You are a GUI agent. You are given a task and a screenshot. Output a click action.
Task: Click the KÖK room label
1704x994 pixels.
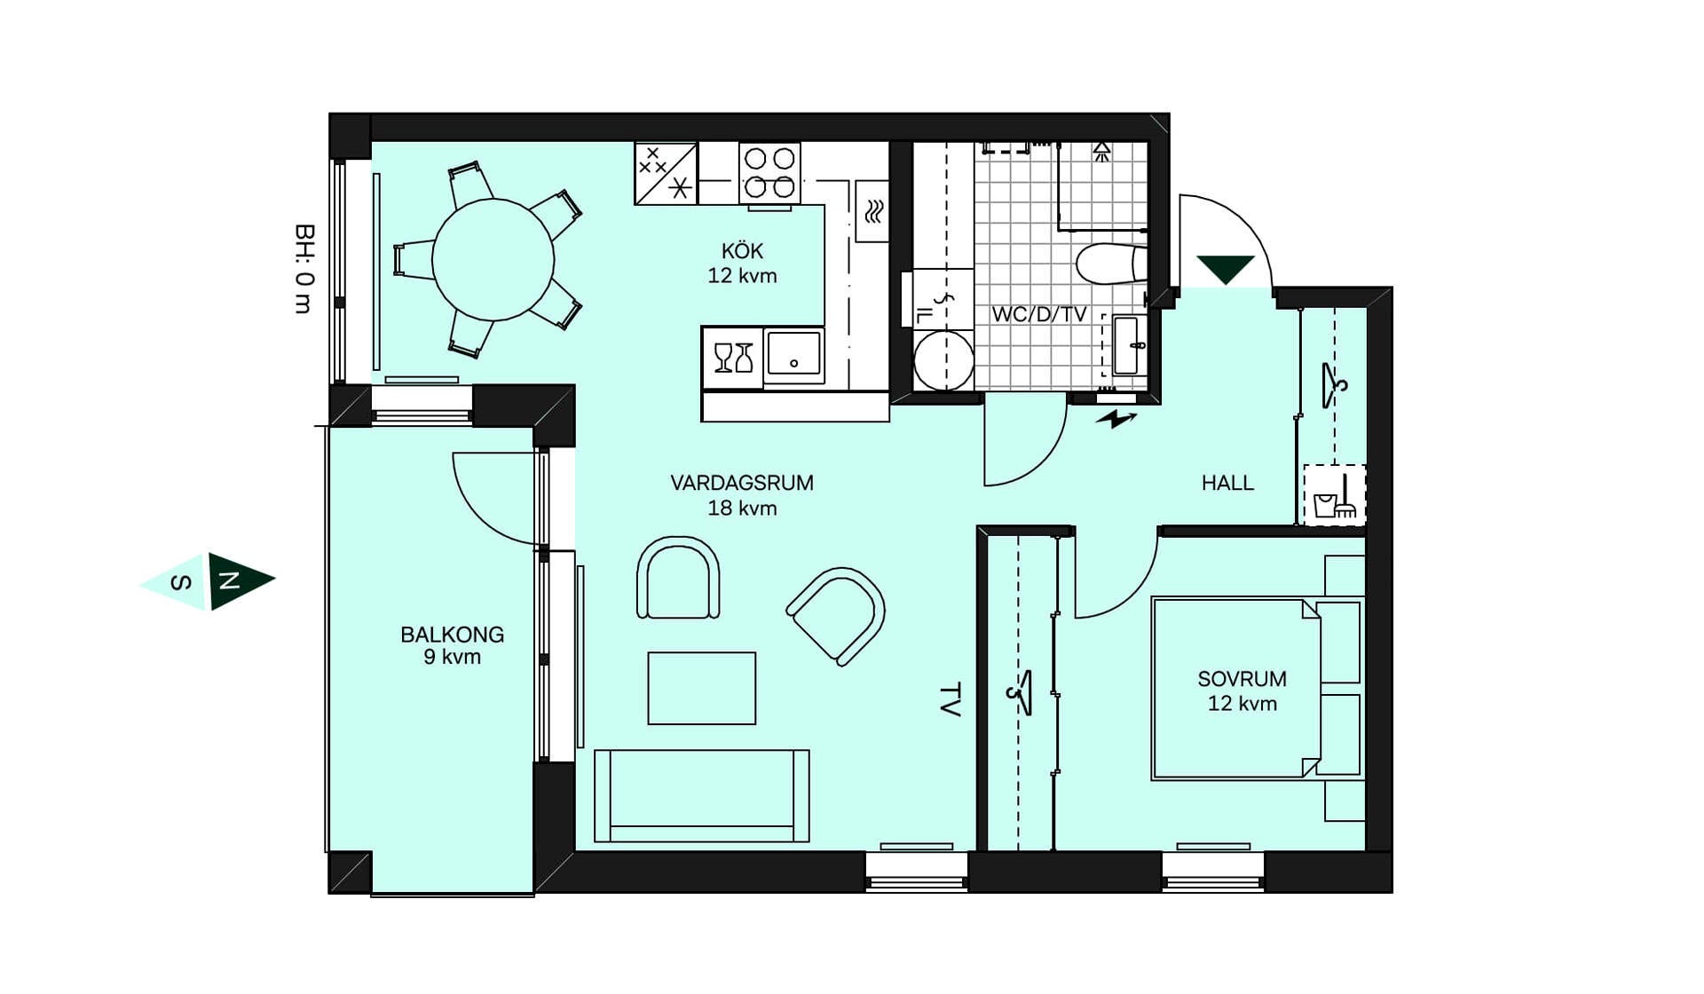coord(742,251)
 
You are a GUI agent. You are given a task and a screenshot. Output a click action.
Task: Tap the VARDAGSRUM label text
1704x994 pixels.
coord(742,483)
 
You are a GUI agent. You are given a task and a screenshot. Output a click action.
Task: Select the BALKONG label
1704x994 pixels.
coord(452,635)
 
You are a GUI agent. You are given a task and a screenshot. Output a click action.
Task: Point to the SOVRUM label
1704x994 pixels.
coord(1242,679)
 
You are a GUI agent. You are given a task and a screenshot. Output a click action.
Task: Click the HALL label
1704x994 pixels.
coord(1227,483)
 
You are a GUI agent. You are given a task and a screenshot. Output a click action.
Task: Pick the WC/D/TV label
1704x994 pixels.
coord(1039,314)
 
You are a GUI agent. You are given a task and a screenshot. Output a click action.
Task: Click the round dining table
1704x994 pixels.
coord(493,260)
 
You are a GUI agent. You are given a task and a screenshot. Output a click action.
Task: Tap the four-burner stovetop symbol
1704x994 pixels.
coord(769,173)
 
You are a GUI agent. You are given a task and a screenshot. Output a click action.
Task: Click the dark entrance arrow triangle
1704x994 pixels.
coord(1226,267)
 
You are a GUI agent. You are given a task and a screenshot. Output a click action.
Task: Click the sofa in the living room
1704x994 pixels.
coord(701,795)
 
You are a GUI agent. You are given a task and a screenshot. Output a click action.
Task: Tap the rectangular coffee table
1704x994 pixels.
coord(701,688)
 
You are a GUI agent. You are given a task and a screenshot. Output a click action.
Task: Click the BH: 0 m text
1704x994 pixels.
coord(304,269)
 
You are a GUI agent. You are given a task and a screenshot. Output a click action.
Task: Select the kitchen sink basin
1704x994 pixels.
coord(794,356)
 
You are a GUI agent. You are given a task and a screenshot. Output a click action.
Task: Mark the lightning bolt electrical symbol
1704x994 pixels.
coord(1116,419)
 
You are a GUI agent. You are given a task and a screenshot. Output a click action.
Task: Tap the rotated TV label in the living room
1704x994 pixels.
coord(950,699)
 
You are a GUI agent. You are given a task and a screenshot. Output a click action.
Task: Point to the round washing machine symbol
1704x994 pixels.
coord(943,360)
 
